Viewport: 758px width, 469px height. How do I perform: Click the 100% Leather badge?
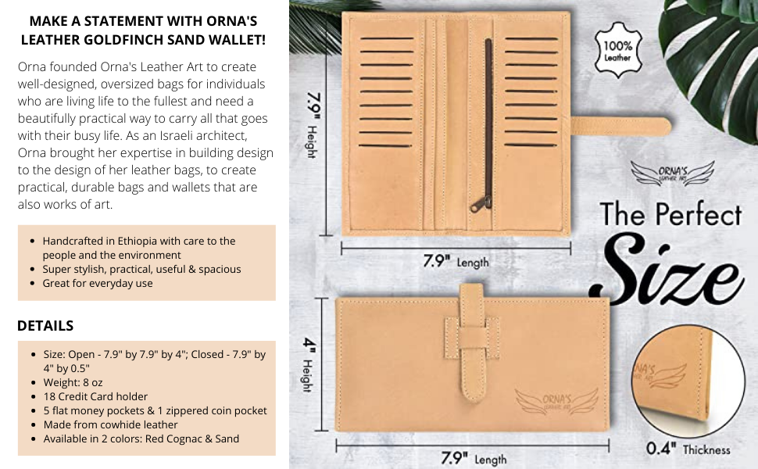tap(617, 50)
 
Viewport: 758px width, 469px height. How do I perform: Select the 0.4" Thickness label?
tap(688, 449)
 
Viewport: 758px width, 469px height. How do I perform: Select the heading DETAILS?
tap(45, 325)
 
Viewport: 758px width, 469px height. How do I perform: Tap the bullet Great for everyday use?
tap(98, 283)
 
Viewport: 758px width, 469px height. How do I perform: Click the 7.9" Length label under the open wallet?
tap(456, 262)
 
